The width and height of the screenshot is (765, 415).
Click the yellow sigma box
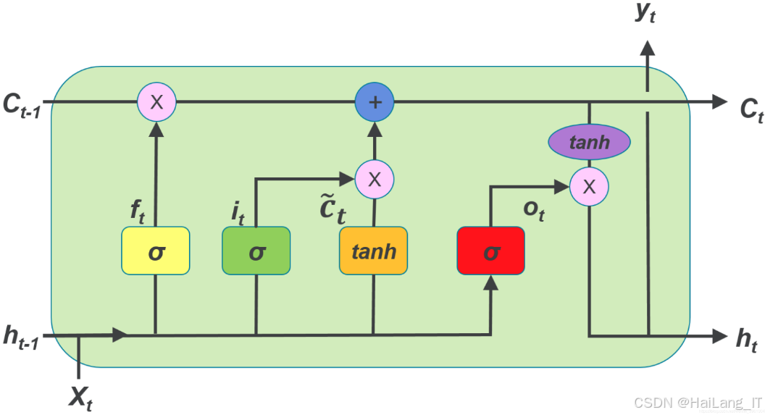point(156,251)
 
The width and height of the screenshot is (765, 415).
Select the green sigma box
point(256,251)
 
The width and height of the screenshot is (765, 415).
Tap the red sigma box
point(490,251)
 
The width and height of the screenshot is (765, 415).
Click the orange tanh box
point(373,251)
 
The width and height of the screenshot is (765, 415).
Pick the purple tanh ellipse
point(589,142)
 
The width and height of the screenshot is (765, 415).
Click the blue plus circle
point(375,102)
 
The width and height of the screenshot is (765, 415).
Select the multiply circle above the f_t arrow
point(156,102)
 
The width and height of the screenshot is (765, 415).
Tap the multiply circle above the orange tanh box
point(375,178)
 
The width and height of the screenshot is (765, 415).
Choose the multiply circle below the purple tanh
point(589,186)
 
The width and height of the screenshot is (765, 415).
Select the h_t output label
point(745,339)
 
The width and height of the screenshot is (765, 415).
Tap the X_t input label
point(80,397)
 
